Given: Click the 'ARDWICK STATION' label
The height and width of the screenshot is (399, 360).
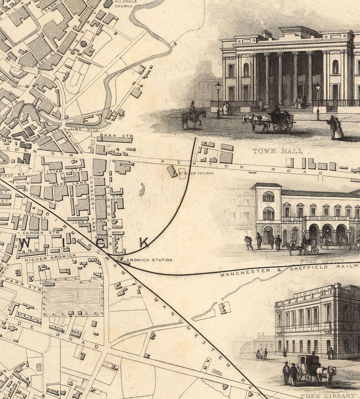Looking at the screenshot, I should [151, 260].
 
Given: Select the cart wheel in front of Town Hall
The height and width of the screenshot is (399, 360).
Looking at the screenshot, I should [282, 125].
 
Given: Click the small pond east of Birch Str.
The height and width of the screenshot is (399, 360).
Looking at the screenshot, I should [142, 190].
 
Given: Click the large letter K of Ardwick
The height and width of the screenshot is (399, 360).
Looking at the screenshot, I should [144, 243].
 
